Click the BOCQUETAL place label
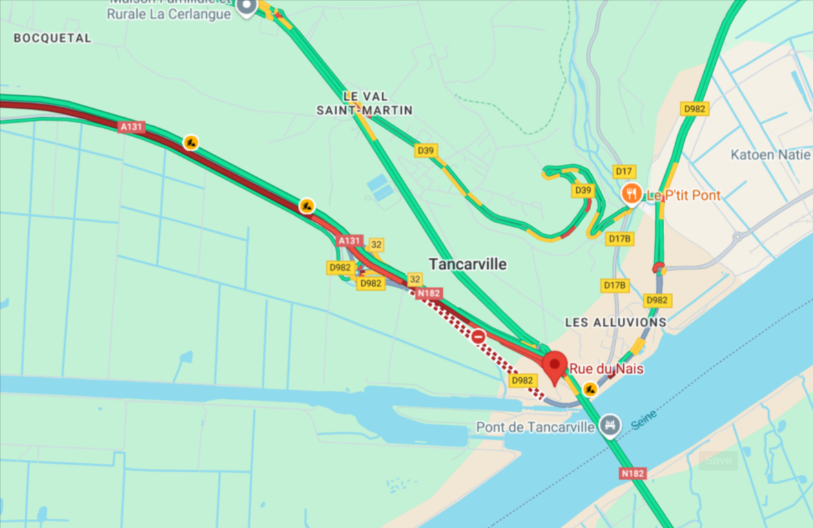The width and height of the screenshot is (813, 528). [x=52, y=39]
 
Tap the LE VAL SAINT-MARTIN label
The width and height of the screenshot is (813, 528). [x=364, y=103]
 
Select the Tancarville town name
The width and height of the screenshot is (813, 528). [x=467, y=264]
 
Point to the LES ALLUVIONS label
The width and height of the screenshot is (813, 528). [x=615, y=322]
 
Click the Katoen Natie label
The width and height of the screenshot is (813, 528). [x=770, y=155]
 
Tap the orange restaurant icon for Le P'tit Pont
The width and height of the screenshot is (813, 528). [x=630, y=194]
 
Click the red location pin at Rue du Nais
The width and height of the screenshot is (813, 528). [x=555, y=366]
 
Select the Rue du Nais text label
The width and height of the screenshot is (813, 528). [x=606, y=369]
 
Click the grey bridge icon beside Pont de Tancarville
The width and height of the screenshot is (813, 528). [x=608, y=425]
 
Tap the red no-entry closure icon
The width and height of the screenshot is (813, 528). [x=478, y=336]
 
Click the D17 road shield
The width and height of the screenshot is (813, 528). [x=624, y=171]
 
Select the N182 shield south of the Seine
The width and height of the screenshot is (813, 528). [x=632, y=474]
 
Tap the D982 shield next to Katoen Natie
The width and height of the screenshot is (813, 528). [x=695, y=109]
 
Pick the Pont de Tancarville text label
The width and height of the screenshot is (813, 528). [x=535, y=427]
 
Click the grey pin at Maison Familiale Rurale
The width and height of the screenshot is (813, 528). [x=247, y=6]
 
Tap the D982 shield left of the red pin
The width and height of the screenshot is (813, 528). [x=523, y=380]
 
